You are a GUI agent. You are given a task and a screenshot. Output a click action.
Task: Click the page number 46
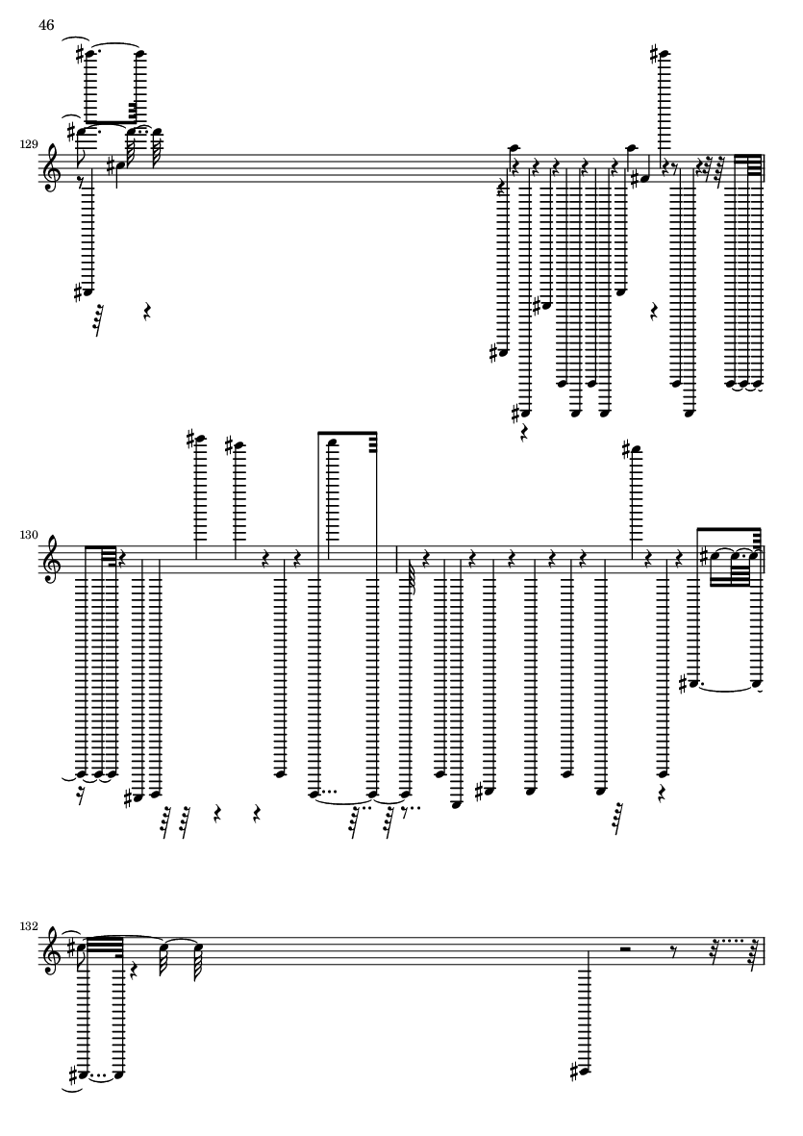click(46, 25)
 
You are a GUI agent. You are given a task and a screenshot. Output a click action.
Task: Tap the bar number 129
click(29, 145)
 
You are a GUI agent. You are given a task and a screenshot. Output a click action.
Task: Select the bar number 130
click(29, 536)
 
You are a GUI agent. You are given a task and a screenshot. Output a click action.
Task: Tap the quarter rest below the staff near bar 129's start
click(146, 312)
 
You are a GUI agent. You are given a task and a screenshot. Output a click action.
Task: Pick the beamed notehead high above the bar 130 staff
click(333, 442)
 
